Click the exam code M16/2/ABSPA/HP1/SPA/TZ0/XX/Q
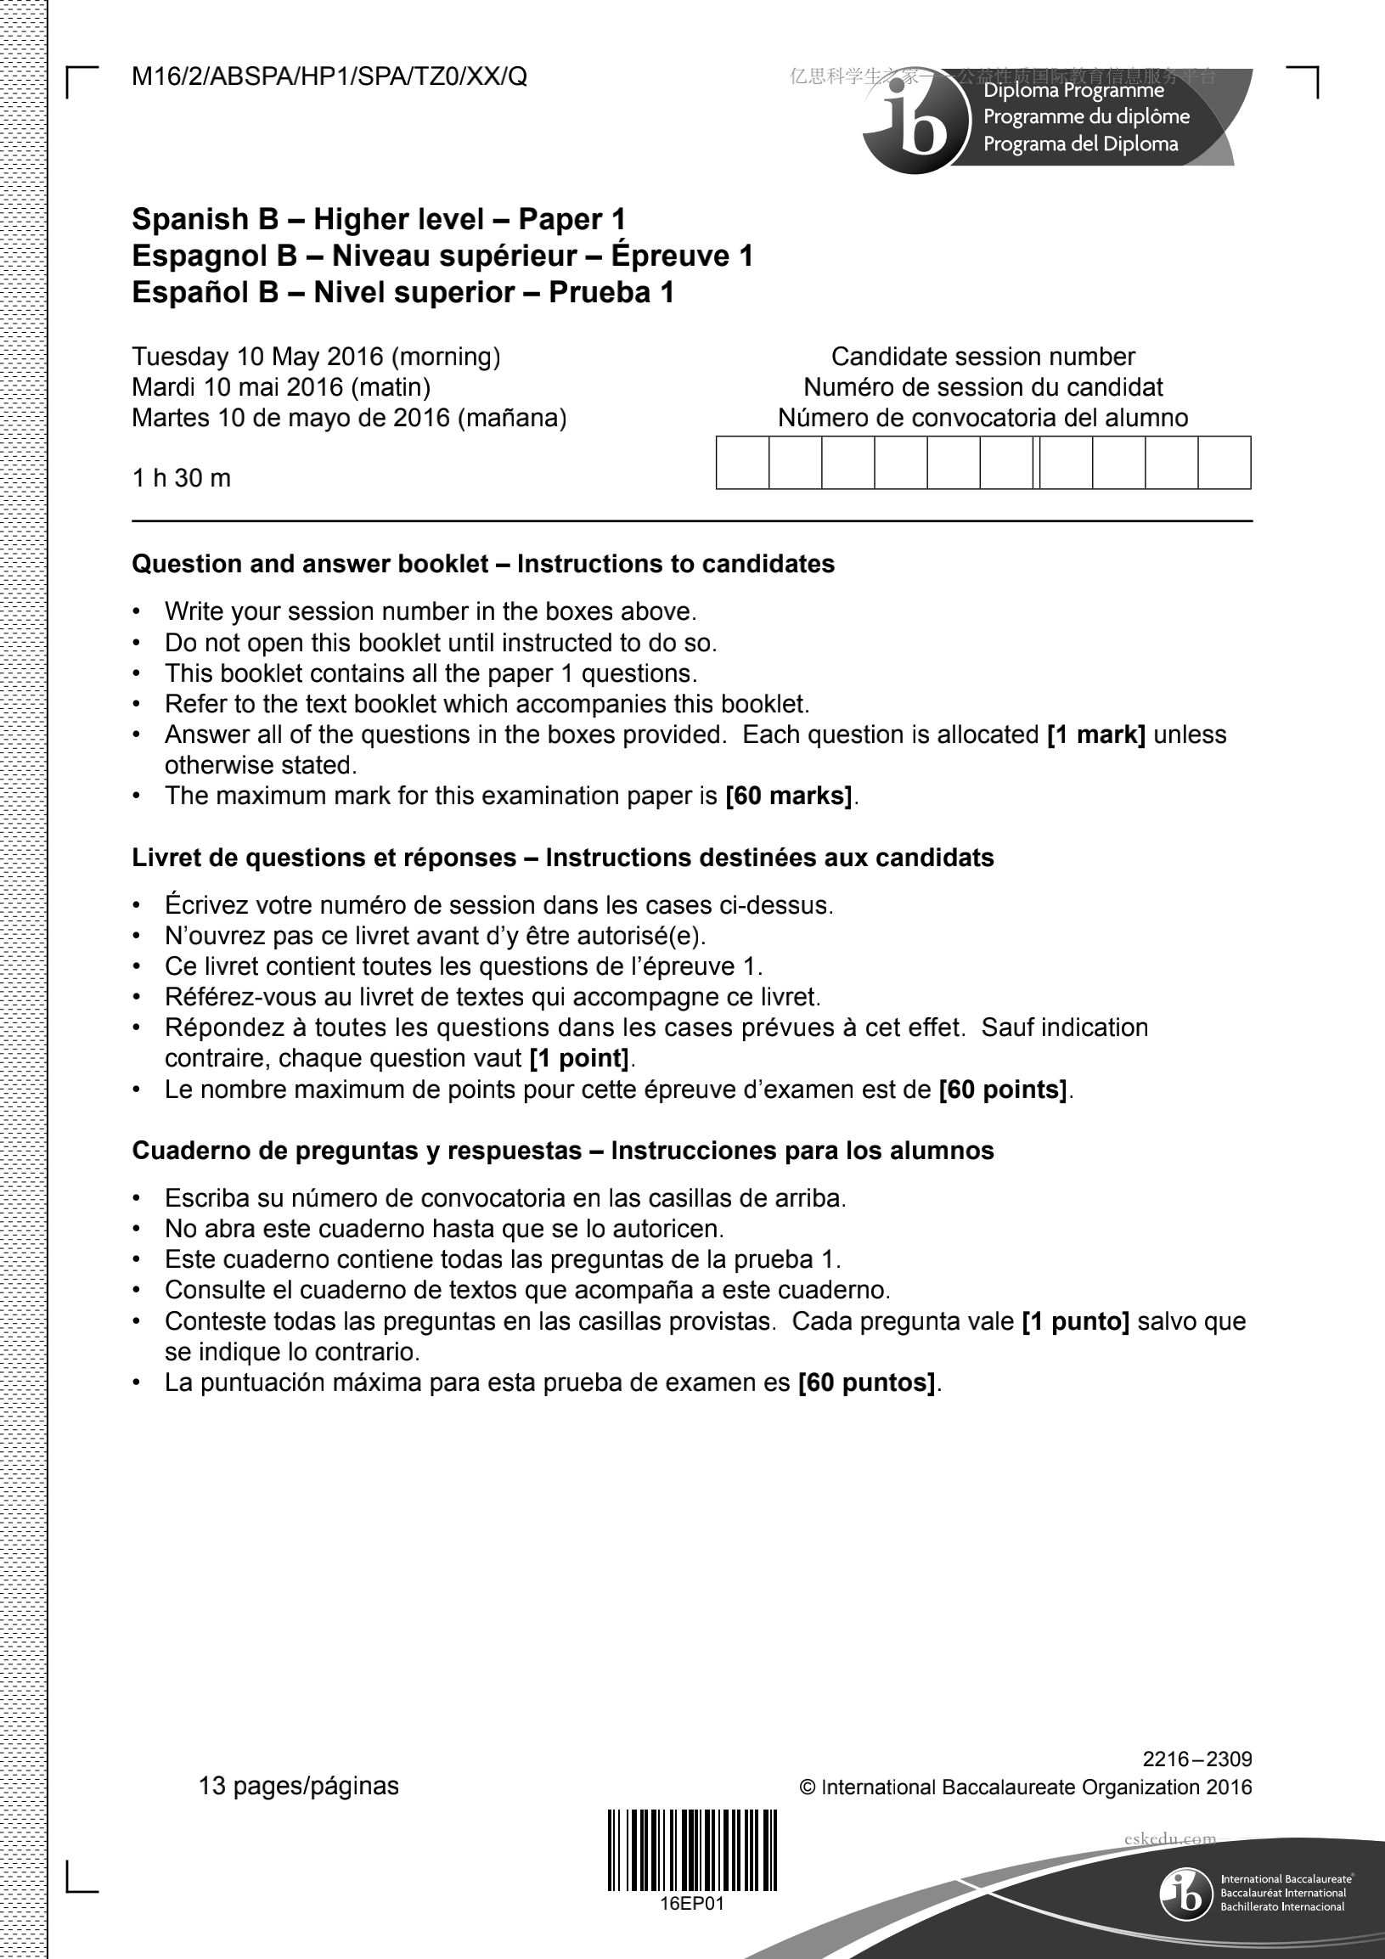[329, 77]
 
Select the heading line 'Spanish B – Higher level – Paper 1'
[379, 219]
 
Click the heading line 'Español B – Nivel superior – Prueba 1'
[403, 293]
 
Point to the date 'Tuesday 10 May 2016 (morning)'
[316, 357]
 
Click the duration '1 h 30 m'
[181, 478]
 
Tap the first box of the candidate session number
[742, 463]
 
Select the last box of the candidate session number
[1225, 463]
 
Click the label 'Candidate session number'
[983, 357]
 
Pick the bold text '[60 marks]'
[789, 796]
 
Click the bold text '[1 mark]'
[1095, 735]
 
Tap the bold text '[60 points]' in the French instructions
[1003, 1089]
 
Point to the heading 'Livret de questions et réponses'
[324, 858]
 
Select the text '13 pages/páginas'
[299, 1786]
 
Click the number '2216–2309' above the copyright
[1197, 1759]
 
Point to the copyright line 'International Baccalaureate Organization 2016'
[1035, 1787]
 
